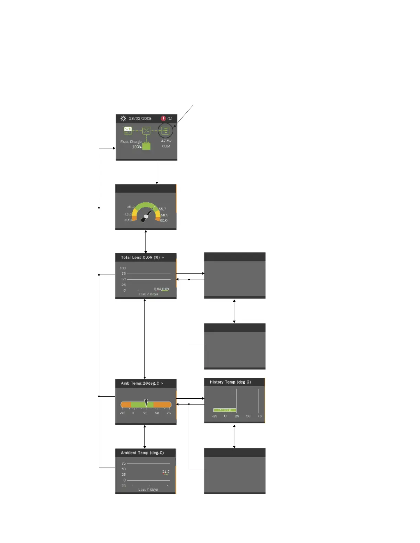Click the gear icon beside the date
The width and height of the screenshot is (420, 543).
[123, 119]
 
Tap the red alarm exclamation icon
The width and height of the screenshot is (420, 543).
[163, 119]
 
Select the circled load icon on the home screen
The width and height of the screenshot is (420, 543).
[165, 131]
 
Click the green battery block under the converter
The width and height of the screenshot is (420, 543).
[147, 146]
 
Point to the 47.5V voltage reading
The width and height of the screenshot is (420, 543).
[166, 141]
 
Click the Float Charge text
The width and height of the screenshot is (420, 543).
[131, 142]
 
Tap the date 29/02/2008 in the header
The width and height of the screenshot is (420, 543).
[140, 119]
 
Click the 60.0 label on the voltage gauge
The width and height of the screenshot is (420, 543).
[164, 220]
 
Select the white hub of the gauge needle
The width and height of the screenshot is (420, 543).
[146, 216]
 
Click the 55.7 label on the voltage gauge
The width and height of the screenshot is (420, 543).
[162, 209]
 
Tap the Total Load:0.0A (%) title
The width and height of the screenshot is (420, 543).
[142, 257]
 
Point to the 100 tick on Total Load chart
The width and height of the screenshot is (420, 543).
[122, 268]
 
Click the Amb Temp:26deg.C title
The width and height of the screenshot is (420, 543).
[142, 383]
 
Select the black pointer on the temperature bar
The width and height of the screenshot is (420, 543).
[146, 403]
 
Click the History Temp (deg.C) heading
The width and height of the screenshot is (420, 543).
[230, 382]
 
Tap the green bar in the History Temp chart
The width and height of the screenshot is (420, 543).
[224, 410]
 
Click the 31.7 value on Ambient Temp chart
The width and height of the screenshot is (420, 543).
[166, 472]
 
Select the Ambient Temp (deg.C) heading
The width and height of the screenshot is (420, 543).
[142, 453]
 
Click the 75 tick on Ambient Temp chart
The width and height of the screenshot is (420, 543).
[124, 463]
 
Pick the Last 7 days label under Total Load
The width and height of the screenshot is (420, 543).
[148, 294]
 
